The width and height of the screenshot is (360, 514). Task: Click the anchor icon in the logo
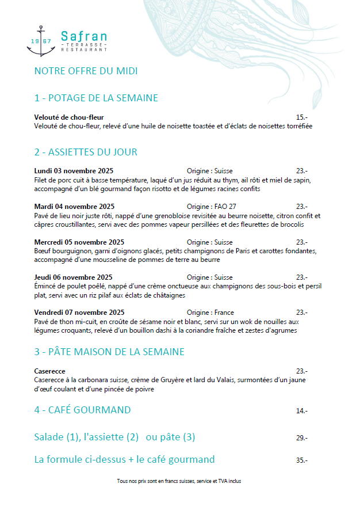pyautogui.click(x=40, y=41)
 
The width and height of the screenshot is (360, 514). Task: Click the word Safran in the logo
pyautogui.click(x=83, y=36)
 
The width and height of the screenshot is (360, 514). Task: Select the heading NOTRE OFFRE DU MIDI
pyautogui.click(x=86, y=71)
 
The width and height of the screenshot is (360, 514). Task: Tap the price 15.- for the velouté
pyautogui.click(x=301, y=117)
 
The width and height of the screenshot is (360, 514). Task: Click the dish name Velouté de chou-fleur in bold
pyautogui.click(x=69, y=117)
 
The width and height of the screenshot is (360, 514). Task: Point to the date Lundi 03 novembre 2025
pyautogui.click(x=74, y=171)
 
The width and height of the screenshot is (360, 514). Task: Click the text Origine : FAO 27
pyautogui.click(x=212, y=206)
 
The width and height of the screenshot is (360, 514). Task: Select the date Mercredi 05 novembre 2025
pyautogui.click(x=79, y=242)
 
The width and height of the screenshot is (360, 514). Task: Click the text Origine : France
pyautogui.click(x=210, y=313)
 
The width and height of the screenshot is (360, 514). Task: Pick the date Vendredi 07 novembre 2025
pyautogui.click(x=79, y=313)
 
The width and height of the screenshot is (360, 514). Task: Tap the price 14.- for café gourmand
pyautogui.click(x=301, y=411)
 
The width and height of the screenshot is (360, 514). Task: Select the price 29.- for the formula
pyautogui.click(x=301, y=438)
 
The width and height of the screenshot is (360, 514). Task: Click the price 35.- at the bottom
pyautogui.click(x=301, y=460)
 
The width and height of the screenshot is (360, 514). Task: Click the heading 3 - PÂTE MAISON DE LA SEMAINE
pyautogui.click(x=109, y=352)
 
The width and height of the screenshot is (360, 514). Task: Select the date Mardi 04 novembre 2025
pyautogui.click(x=74, y=206)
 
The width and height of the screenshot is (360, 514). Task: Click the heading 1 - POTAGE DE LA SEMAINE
pyautogui.click(x=96, y=98)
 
